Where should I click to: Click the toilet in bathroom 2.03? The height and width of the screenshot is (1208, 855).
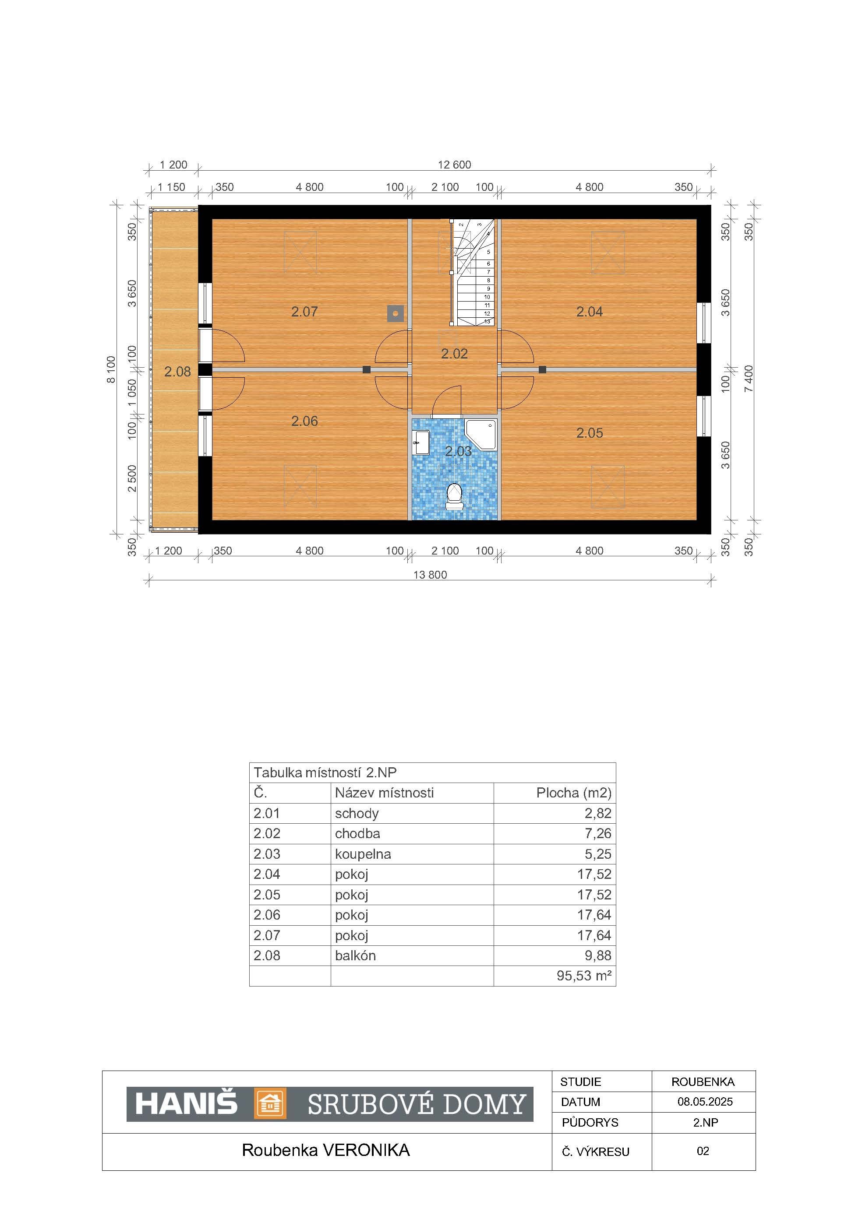pyautogui.click(x=454, y=497)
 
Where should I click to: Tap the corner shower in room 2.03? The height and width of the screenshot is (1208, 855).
pyautogui.click(x=480, y=434)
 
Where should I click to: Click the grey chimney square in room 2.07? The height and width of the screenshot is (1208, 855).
pyautogui.click(x=396, y=313)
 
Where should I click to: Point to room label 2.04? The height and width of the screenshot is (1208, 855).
pyautogui.click(x=589, y=312)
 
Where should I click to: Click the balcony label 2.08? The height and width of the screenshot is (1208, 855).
pyautogui.click(x=177, y=372)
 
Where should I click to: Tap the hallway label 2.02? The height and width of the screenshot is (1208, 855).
pyautogui.click(x=454, y=354)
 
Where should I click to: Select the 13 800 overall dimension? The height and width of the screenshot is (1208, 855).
pyautogui.click(x=430, y=575)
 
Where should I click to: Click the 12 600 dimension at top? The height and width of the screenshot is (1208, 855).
pyautogui.click(x=454, y=165)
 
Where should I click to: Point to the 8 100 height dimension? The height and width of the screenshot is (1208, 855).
pyautogui.click(x=111, y=369)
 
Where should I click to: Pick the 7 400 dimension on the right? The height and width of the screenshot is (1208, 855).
pyautogui.click(x=748, y=379)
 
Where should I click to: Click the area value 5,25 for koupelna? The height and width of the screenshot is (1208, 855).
pyautogui.click(x=598, y=853)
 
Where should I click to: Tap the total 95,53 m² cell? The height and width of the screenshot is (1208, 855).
pyautogui.click(x=584, y=976)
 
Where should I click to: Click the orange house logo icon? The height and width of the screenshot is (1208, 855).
pyautogui.click(x=271, y=1103)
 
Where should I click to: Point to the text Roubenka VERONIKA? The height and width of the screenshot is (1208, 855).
pyautogui.click(x=326, y=1150)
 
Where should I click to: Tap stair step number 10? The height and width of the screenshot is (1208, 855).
pyautogui.click(x=487, y=297)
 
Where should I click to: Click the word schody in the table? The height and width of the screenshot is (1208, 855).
pyautogui.click(x=357, y=813)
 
